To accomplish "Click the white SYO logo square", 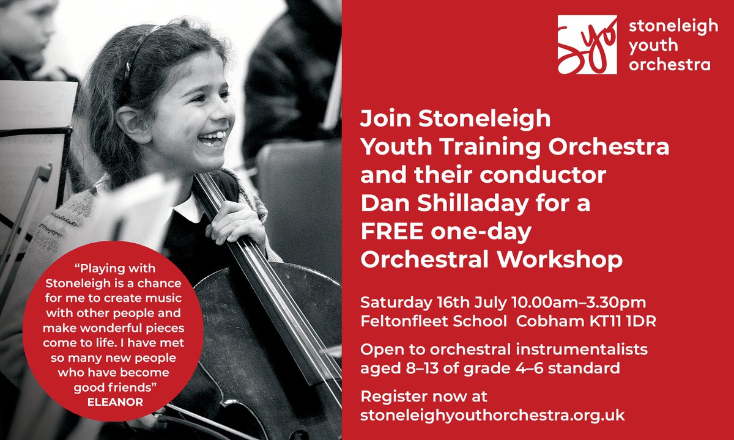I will click(587, 45).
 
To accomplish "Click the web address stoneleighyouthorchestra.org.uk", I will click(492, 414).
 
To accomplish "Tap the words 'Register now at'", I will click(424, 396).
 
